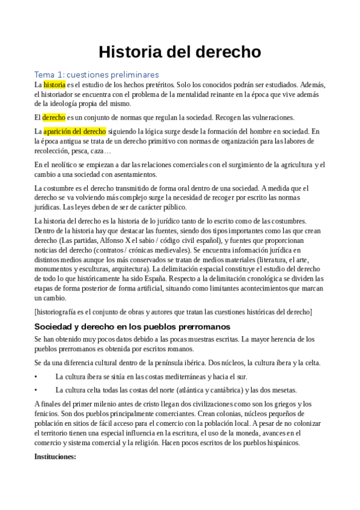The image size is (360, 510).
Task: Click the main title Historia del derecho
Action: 180,52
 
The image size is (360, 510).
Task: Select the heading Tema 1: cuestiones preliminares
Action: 96,75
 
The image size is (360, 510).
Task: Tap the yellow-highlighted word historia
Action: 55,85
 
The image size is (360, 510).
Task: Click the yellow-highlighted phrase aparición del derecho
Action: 75,131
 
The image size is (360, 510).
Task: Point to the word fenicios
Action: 49,414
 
